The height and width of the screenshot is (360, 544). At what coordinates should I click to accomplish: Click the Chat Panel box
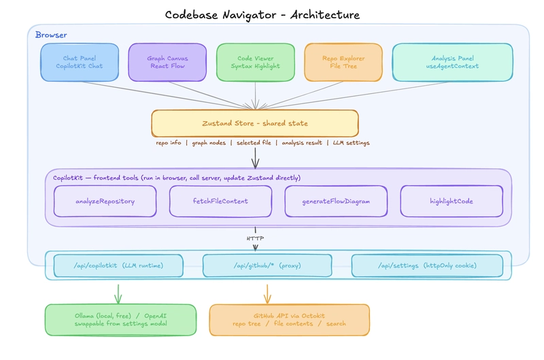(x=80, y=63)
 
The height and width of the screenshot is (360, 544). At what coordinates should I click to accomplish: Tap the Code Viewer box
(x=255, y=63)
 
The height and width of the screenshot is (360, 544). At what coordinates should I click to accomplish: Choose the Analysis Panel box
(x=452, y=63)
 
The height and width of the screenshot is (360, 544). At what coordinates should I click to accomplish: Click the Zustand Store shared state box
(x=255, y=123)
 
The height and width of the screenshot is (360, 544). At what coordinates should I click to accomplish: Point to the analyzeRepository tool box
(x=105, y=201)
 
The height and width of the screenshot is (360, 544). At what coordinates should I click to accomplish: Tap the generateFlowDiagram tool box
(x=336, y=201)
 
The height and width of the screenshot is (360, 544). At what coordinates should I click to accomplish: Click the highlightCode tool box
(x=452, y=201)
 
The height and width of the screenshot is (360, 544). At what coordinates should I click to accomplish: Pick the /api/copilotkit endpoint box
(x=118, y=265)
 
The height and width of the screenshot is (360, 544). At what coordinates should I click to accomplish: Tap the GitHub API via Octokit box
(x=289, y=319)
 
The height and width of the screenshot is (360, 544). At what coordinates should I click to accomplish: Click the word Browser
(x=51, y=35)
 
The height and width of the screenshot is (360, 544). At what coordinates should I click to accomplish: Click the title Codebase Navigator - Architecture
(x=262, y=14)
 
